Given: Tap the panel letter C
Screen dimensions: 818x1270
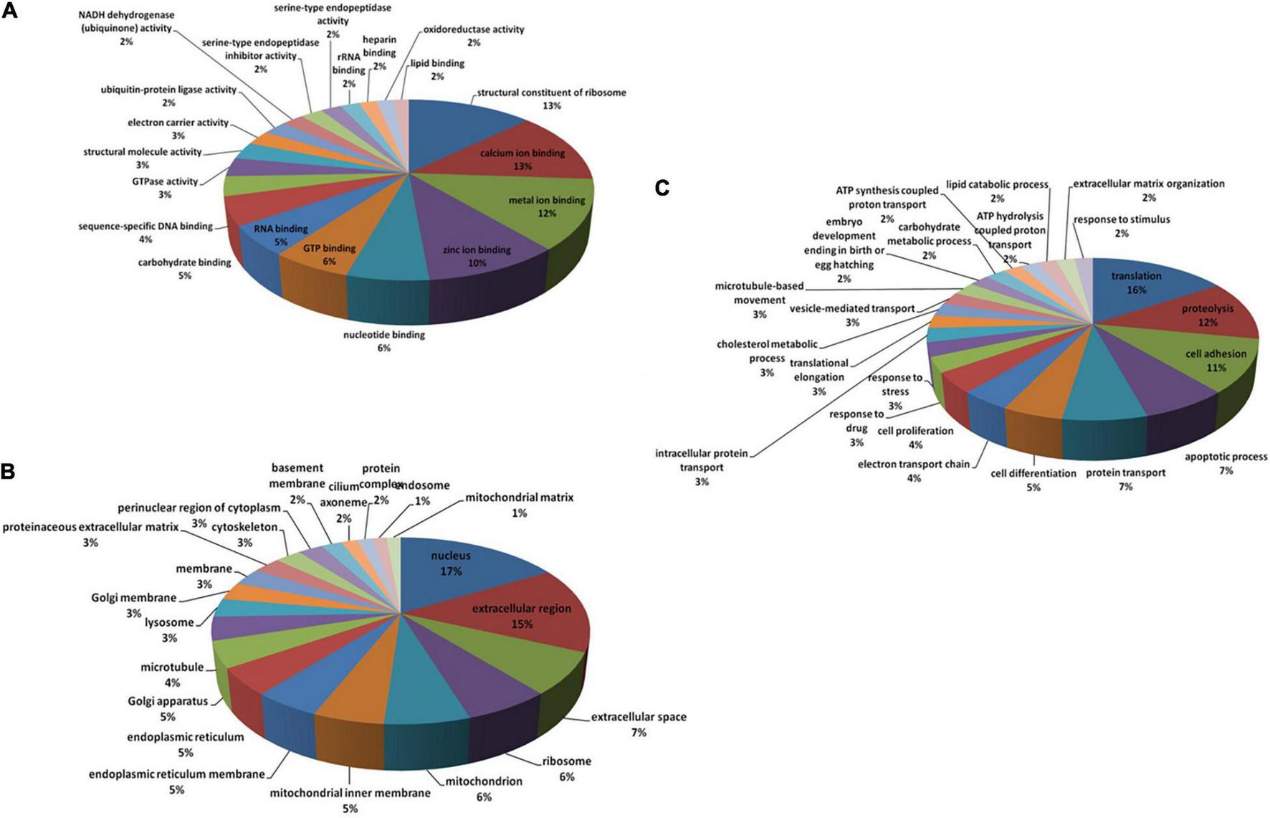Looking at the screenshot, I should tap(663, 188).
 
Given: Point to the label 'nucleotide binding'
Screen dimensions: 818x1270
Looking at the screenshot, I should tap(384, 335).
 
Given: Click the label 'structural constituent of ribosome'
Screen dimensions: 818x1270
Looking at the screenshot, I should tap(551, 92).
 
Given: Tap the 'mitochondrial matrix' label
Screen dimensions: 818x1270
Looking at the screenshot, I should tap(519, 498).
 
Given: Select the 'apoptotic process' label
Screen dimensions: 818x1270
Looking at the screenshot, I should tap(1226, 457).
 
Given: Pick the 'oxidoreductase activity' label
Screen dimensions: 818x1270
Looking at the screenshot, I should tap(474, 30).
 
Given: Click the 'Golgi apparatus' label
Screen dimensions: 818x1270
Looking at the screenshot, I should tap(168, 701).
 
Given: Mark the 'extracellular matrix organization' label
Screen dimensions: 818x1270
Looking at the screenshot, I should tap(1149, 184).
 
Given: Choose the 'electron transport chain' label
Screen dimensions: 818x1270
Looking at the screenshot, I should tap(913, 464).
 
